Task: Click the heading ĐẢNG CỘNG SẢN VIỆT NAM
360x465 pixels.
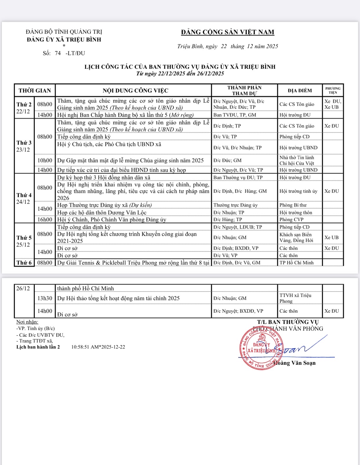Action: [228, 32]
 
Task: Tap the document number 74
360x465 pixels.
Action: [58, 53]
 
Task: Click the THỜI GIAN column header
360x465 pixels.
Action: [35, 90]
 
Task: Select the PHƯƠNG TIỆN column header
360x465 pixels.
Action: [333, 90]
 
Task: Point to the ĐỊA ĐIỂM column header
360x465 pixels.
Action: [300, 90]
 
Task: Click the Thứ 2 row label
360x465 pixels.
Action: [24, 105]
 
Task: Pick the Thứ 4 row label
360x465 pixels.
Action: [24, 195]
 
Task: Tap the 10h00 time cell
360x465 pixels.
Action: [45, 161]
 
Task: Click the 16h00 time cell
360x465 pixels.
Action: [45, 220]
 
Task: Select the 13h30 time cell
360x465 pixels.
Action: [45, 298]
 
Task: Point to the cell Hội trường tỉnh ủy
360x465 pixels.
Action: [298, 191]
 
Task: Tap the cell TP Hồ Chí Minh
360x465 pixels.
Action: [296, 263]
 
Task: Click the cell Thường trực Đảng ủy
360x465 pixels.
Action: [235, 205]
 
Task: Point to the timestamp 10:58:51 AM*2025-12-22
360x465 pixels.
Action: [98, 347]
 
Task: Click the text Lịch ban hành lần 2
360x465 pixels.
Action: [38, 347]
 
